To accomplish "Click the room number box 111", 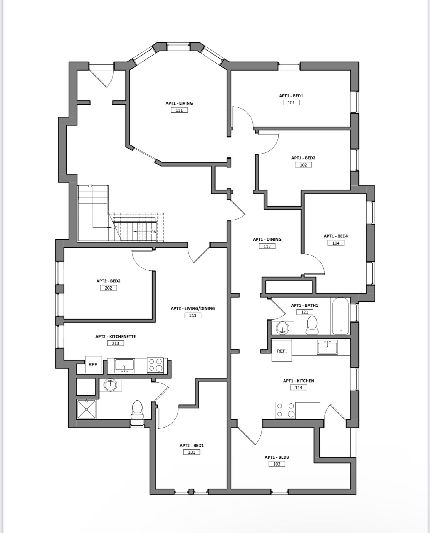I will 179,110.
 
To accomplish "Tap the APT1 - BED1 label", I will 291,96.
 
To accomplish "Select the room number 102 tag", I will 303,165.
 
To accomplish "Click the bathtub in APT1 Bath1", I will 340,316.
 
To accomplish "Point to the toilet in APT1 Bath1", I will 312,325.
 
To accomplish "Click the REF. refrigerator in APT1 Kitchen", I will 282,351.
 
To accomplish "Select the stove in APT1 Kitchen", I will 285,410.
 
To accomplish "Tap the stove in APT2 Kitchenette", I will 156,365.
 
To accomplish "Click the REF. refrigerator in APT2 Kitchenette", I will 93,365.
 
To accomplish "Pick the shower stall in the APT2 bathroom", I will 86,409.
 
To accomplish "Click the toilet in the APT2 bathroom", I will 137,410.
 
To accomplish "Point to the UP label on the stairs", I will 90,186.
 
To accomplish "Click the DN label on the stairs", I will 153,232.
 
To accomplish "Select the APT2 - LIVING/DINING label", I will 193,308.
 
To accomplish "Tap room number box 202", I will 108,288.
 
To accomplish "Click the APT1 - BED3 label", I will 277,457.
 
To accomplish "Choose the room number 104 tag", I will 336,243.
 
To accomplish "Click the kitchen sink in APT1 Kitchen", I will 327,347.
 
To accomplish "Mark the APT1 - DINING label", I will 267,239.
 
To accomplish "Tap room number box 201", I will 192,452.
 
